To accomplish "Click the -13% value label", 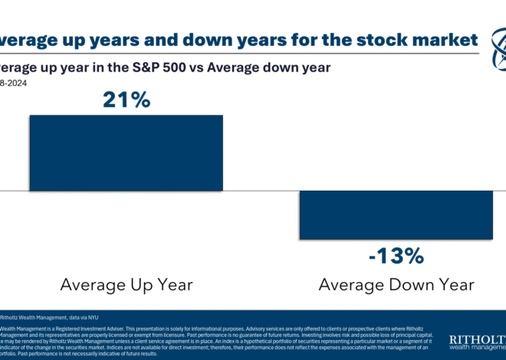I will point(395,256).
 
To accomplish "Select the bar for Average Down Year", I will point(395,214).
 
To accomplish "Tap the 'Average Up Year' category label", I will point(127,285).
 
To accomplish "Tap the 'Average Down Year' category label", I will point(396,285).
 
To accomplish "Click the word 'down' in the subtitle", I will point(284,67).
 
